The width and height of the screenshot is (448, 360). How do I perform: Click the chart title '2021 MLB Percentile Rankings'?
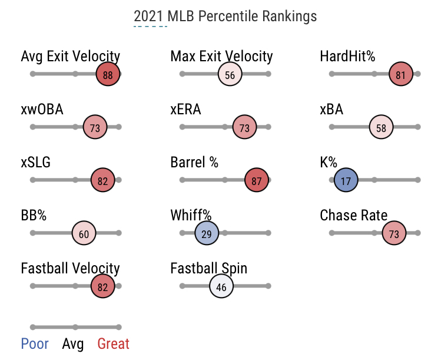(225, 16)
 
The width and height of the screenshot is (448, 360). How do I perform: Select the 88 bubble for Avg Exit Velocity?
(108, 75)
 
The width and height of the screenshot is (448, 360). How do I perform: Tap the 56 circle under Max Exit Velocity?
(230, 75)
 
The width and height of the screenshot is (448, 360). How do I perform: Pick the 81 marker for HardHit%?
(401, 75)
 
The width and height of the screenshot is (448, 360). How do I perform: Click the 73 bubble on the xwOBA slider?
(95, 128)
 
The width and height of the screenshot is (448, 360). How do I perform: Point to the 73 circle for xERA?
(245, 128)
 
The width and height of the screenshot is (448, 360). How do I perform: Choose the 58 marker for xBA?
(381, 128)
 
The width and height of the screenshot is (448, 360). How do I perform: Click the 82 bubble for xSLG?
(102, 181)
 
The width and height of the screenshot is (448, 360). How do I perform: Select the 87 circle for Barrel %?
(256, 181)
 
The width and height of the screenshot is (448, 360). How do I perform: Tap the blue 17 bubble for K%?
(346, 181)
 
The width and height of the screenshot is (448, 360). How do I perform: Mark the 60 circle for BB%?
(84, 234)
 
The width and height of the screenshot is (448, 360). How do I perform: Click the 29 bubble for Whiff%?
(207, 234)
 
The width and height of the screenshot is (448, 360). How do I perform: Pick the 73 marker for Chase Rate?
(394, 234)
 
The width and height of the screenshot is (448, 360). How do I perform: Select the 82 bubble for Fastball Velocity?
(102, 287)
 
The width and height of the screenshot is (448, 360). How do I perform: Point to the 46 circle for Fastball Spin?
(221, 287)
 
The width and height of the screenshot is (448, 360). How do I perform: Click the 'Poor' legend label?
(35, 344)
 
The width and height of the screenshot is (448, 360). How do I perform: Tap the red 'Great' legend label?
(113, 344)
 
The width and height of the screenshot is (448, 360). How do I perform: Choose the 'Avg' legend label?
(73, 344)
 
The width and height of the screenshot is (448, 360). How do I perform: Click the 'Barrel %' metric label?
(194, 163)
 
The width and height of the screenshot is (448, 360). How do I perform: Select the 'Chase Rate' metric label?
(353, 216)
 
